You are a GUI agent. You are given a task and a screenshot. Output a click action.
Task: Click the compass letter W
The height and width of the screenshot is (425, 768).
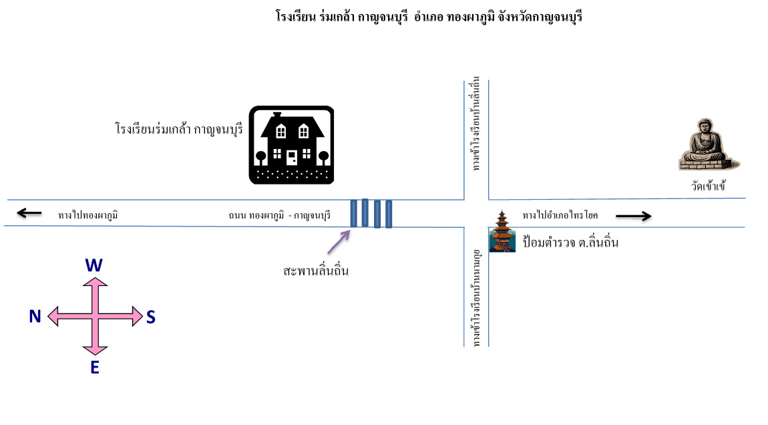tap(94, 265)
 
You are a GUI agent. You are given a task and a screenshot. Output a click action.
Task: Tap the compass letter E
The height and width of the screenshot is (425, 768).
tap(95, 367)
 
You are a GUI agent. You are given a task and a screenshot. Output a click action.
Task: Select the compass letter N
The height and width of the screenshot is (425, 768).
tap(35, 316)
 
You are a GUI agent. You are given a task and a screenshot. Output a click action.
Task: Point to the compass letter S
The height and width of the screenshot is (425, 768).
tap(151, 317)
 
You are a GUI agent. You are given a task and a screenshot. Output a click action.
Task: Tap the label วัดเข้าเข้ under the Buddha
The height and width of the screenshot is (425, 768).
tap(709, 186)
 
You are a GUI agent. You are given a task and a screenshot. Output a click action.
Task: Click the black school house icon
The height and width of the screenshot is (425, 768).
tap(291, 145)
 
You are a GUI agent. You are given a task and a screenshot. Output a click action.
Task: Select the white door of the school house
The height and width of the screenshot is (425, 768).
tap(292, 157)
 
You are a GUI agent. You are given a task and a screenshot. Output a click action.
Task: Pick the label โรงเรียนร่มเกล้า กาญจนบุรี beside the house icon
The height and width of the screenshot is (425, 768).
tap(179, 130)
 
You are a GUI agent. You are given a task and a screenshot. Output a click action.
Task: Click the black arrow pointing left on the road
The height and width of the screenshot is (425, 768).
tap(29, 212)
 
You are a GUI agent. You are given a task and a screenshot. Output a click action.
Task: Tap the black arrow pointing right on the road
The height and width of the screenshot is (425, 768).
tap(634, 216)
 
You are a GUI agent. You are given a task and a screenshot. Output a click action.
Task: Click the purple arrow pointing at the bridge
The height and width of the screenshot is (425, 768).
tap(339, 242)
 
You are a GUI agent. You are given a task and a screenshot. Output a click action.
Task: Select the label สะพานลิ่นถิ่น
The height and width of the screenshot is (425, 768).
tap(316, 270)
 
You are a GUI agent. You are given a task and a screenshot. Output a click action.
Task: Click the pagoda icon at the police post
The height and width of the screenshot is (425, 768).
tap(502, 231)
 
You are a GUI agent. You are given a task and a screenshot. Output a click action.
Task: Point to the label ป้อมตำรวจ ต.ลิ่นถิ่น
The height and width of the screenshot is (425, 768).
tap(570, 242)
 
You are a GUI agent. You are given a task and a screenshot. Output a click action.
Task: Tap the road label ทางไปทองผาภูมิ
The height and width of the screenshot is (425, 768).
tap(87, 215)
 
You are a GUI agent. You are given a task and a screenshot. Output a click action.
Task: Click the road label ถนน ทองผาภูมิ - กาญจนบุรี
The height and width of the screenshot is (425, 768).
tap(280, 215)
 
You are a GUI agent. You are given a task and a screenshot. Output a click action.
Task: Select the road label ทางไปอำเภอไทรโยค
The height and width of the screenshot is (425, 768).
tap(560, 215)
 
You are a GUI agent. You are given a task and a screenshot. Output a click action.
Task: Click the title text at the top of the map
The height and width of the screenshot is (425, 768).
tap(429, 17)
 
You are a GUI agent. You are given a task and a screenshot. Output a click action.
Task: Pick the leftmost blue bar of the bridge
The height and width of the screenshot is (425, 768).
tap(354, 213)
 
